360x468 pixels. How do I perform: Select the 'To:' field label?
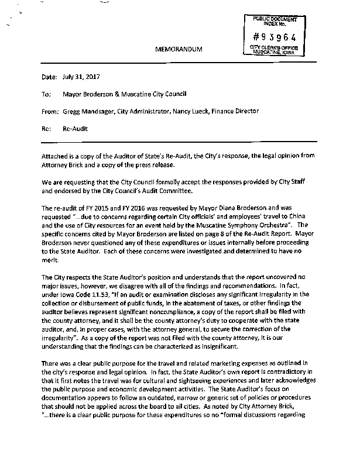pyautogui.click(x=46, y=94)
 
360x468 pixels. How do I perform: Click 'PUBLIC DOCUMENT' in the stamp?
pyautogui.click(x=274, y=19)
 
